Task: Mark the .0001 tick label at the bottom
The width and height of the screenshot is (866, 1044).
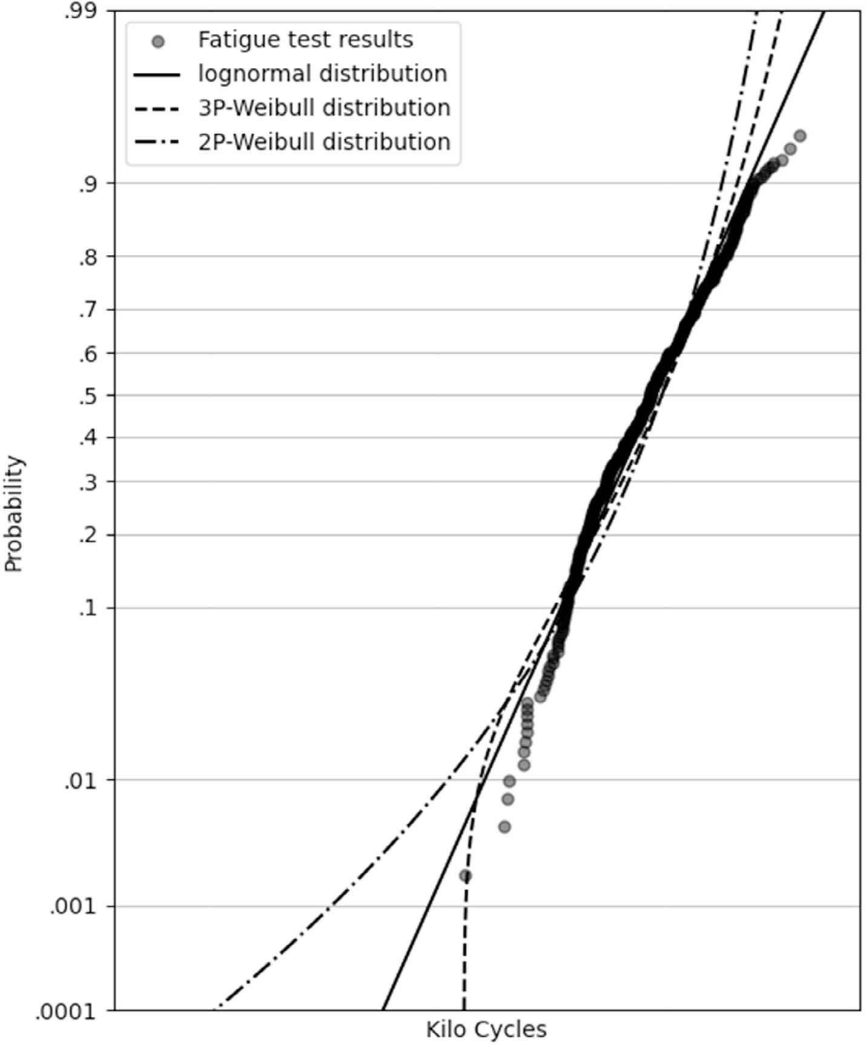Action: (66, 1011)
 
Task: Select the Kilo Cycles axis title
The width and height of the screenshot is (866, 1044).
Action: (486, 1029)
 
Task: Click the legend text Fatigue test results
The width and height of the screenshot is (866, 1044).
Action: (305, 40)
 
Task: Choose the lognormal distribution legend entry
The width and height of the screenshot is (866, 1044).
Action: (322, 74)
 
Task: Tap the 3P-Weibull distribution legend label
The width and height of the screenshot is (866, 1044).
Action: (324, 108)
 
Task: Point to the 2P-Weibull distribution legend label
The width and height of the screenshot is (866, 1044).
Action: (324, 142)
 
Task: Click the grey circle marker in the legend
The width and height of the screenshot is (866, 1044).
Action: (157, 42)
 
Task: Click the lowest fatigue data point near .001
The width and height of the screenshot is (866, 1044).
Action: (465, 875)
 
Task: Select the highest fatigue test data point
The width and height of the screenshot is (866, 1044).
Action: (800, 136)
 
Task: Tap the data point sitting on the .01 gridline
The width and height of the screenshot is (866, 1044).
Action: (509, 781)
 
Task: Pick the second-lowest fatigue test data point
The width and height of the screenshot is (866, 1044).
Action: (504, 827)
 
